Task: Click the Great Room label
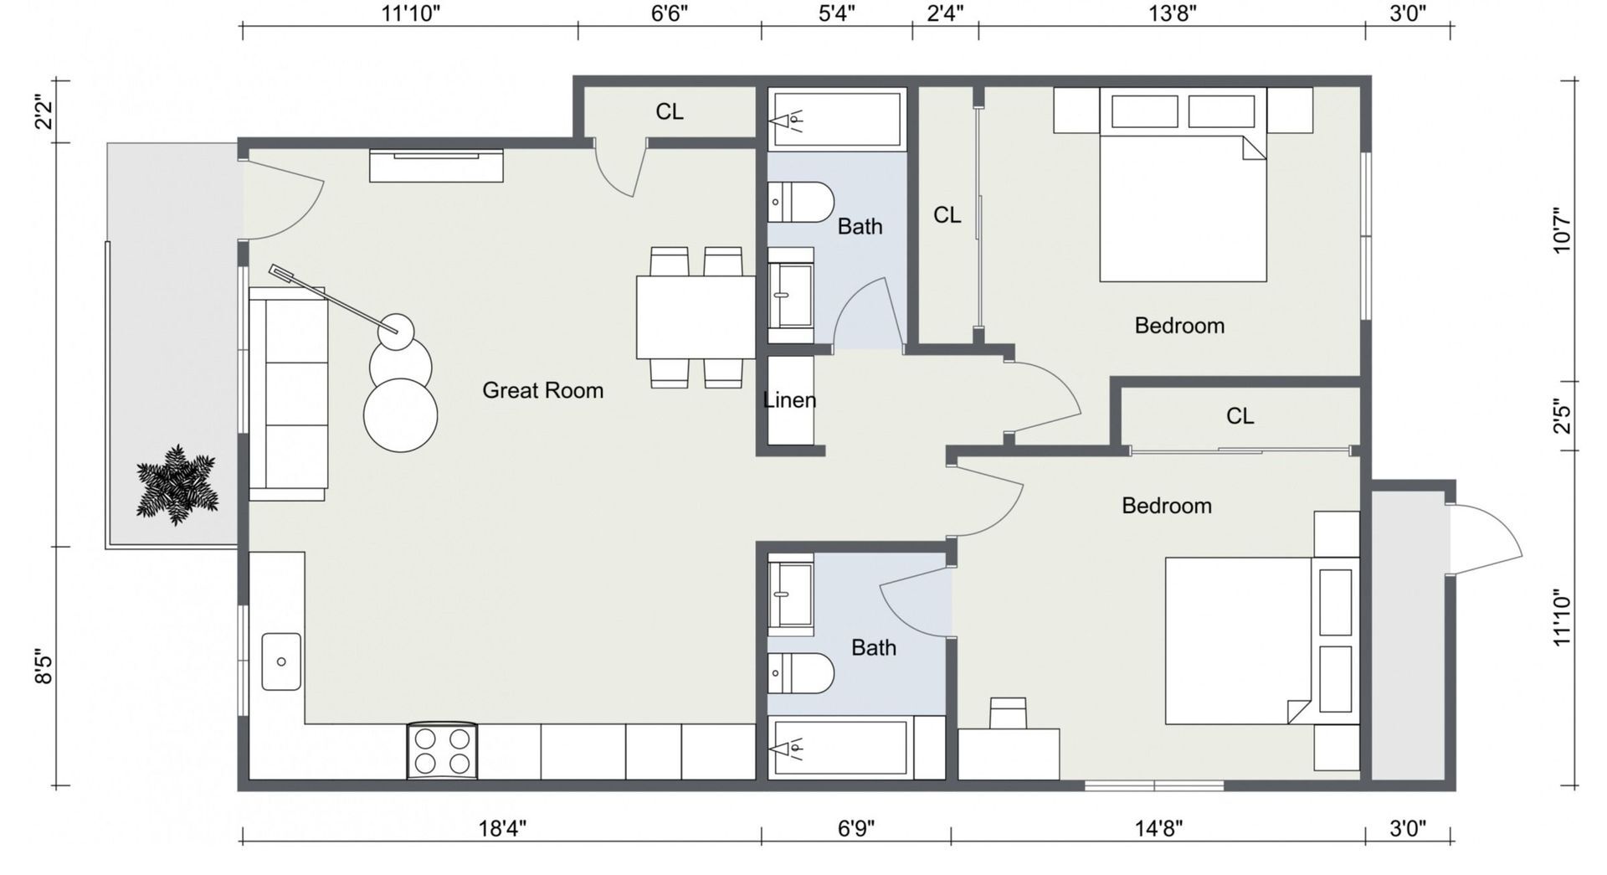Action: coord(542,390)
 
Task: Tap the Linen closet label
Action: coord(789,400)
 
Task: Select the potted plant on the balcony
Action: coord(177,486)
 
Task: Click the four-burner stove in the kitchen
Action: coord(442,751)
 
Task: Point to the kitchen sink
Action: coord(281,661)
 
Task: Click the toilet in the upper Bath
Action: coord(801,202)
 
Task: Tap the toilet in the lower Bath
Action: coord(801,673)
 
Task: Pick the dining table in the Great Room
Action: coord(696,317)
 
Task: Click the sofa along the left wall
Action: coord(288,394)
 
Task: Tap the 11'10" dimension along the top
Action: coord(410,13)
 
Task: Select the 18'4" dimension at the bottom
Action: coord(502,829)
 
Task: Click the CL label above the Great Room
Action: coord(669,111)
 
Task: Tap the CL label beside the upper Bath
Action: coord(947,215)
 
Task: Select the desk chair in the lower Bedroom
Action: coord(1008,713)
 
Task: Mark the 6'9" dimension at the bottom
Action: coord(856,829)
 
